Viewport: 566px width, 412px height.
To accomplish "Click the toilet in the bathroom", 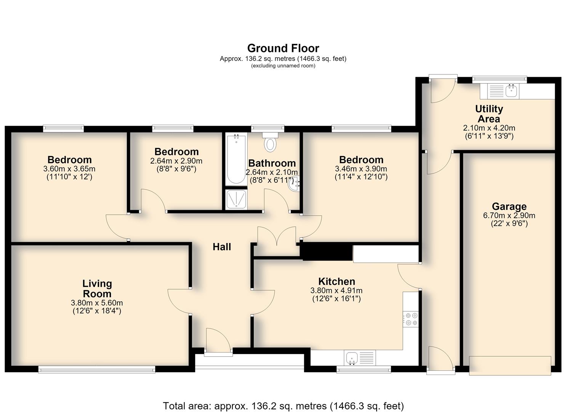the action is [x=270, y=142].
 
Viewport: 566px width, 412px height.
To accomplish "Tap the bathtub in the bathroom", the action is [x=236, y=159].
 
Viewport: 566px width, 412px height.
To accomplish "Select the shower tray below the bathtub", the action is [x=236, y=199].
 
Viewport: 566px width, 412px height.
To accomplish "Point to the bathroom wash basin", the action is [x=293, y=183].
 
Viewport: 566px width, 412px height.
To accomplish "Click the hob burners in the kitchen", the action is [x=410, y=319].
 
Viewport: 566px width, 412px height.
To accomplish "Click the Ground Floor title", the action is [x=283, y=48].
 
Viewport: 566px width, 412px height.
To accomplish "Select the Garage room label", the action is [x=509, y=206].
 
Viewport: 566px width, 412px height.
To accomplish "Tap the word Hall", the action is [x=221, y=247].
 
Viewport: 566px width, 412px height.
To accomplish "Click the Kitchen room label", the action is [x=337, y=281].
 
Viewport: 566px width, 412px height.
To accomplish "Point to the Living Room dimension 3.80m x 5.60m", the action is [x=97, y=303].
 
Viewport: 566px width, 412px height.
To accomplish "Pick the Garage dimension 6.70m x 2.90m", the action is [x=509, y=216].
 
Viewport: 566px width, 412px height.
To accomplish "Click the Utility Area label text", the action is [x=489, y=114].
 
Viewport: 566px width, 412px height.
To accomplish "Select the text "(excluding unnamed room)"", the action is [x=283, y=66].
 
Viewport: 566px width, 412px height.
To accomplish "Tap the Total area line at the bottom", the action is [x=283, y=406].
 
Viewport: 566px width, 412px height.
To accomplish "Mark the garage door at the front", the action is [x=510, y=365].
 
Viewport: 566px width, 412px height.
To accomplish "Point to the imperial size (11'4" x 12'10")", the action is [x=361, y=177].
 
